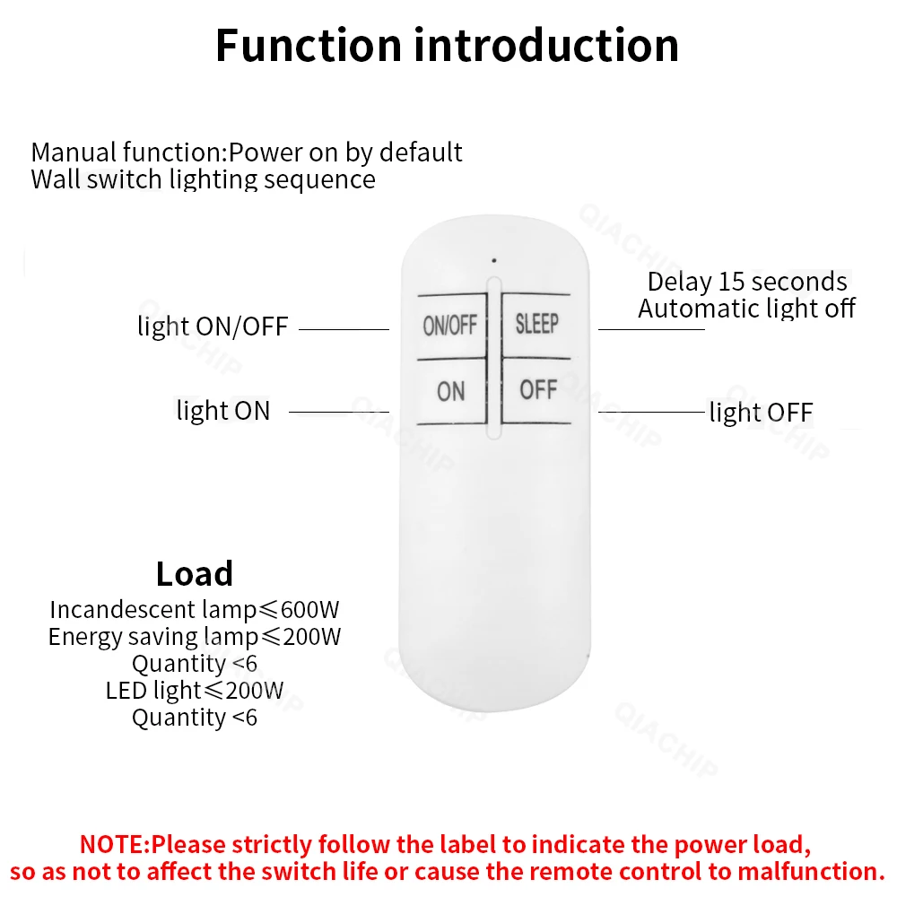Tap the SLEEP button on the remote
(536, 324)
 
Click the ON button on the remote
(451, 392)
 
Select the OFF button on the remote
(537, 390)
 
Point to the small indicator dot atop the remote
(492, 261)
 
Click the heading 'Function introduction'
(447, 46)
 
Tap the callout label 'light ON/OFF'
(213, 327)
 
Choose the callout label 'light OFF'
(761, 413)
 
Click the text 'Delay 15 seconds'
(746, 282)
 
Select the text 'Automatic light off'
(746, 309)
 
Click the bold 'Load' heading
(194, 574)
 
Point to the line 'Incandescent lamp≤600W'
(195, 610)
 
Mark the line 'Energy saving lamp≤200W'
(195, 637)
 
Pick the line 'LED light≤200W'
(195, 691)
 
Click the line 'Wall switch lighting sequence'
(203, 179)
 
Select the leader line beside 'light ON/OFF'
(344, 329)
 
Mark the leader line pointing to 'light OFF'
(651, 412)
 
